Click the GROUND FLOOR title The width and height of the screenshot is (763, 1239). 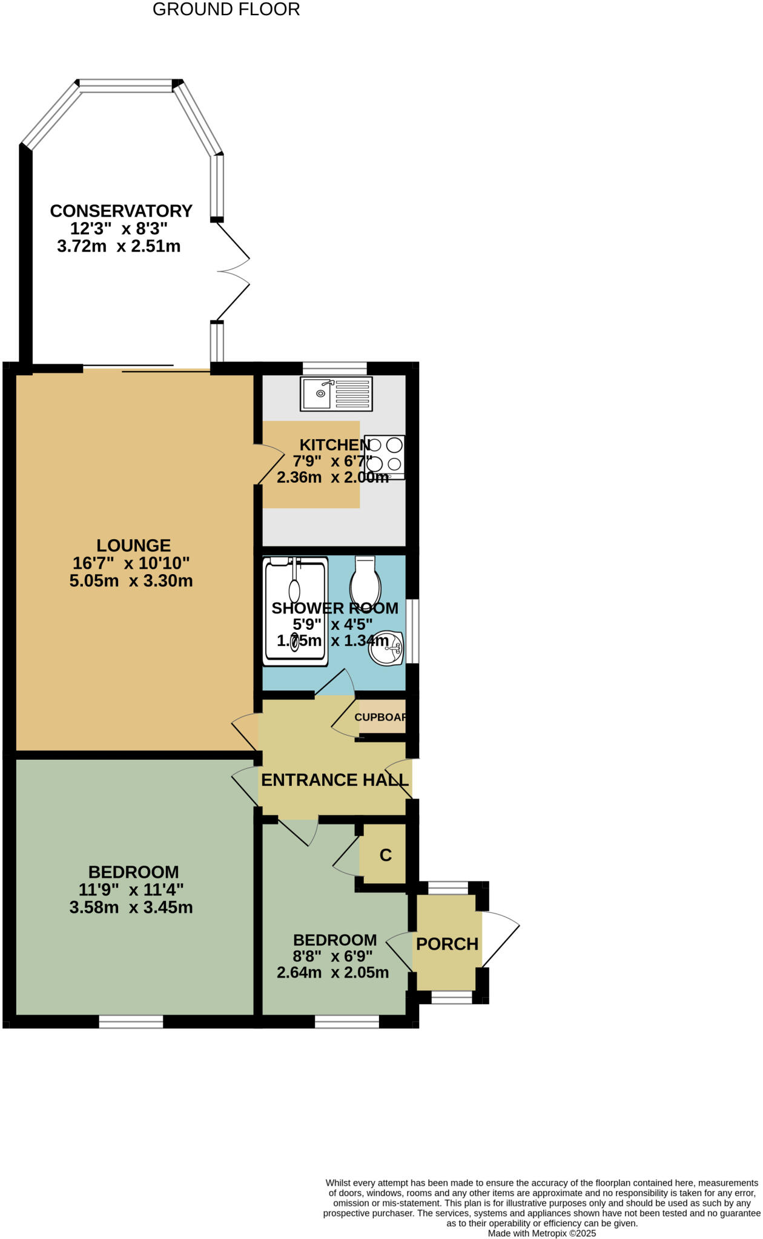click(x=226, y=10)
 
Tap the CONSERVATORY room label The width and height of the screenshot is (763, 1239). click(x=121, y=211)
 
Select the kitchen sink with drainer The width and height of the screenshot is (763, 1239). click(x=336, y=394)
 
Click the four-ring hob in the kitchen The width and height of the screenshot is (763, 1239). click(x=385, y=456)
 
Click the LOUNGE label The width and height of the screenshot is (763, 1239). click(x=133, y=546)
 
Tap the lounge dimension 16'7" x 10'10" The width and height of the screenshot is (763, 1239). click(x=131, y=563)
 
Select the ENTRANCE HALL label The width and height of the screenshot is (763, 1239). click(x=334, y=780)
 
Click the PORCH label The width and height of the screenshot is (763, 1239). click(x=447, y=944)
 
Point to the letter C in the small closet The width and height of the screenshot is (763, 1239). click(x=385, y=855)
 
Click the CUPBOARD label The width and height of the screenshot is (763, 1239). click(x=380, y=718)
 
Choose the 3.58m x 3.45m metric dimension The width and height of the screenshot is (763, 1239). click(x=131, y=907)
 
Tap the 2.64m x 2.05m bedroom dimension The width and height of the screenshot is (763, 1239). click(x=332, y=973)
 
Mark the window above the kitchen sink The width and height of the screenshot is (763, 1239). click(x=335, y=368)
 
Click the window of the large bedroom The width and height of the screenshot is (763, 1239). click(x=131, y=1022)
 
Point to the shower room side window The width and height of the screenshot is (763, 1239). click(x=412, y=631)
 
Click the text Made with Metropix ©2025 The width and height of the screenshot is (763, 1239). click(x=541, y=1233)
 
